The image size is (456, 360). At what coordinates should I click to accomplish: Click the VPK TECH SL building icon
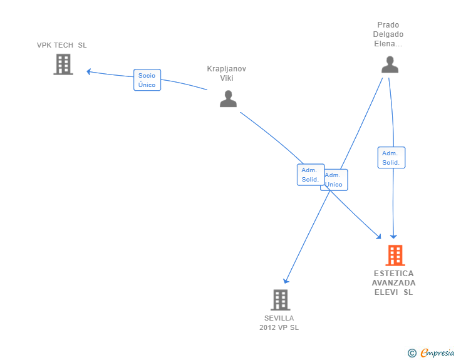63,64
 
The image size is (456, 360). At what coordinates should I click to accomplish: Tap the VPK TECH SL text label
61,45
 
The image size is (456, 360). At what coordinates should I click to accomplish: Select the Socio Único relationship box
147,80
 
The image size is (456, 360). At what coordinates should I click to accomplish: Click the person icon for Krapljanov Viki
228,99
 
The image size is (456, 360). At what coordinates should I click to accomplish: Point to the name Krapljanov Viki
227,73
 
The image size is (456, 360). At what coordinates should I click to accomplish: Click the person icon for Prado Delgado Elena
390,64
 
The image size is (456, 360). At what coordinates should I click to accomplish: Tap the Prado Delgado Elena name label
388,34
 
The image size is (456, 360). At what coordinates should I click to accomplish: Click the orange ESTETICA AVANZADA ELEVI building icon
395,255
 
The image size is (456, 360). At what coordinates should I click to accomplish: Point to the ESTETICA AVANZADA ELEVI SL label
394,282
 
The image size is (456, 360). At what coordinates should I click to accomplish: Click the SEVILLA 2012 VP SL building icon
281,300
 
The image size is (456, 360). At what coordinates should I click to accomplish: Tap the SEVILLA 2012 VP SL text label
279,323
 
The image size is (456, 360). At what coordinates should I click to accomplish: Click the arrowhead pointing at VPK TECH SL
89,71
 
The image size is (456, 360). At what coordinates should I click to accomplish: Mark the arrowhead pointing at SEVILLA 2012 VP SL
286,281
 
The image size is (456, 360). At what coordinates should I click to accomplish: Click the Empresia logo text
437,353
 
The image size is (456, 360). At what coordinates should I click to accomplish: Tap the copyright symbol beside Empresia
412,353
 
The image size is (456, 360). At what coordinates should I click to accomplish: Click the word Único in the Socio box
147,85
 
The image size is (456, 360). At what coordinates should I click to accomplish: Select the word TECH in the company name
64,45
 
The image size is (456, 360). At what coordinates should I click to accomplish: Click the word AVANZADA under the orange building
394,282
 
